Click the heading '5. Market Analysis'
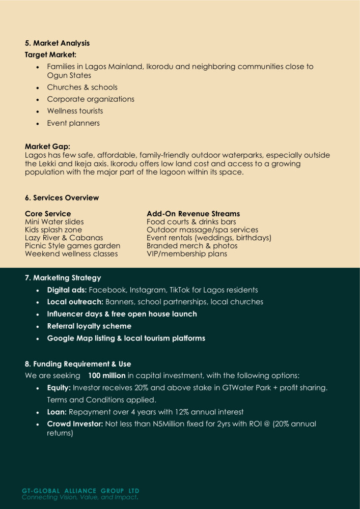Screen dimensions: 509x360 (58, 43)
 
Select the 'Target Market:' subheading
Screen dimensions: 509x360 (50, 54)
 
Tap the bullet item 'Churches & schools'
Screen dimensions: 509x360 (82, 87)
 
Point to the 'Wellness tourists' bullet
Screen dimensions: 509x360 (75, 111)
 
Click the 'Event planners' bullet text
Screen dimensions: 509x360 (73, 123)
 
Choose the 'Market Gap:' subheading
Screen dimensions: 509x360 (47, 147)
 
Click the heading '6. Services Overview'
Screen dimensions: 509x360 (62, 197)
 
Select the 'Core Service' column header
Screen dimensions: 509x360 (48, 214)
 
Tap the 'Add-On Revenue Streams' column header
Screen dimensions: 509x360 (193, 214)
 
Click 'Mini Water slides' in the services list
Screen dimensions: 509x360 (54, 222)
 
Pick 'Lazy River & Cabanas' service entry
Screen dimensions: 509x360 (64, 238)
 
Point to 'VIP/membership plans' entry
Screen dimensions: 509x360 (187, 253)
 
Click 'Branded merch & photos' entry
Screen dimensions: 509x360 (192, 246)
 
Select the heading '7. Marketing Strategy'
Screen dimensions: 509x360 (63, 278)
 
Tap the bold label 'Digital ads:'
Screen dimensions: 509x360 (67, 290)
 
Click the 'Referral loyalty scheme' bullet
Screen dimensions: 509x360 (89, 326)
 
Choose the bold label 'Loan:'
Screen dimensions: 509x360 (57, 412)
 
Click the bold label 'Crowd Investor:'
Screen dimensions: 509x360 (75, 424)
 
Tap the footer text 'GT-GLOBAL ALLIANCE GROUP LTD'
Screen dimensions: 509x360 (80, 491)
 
